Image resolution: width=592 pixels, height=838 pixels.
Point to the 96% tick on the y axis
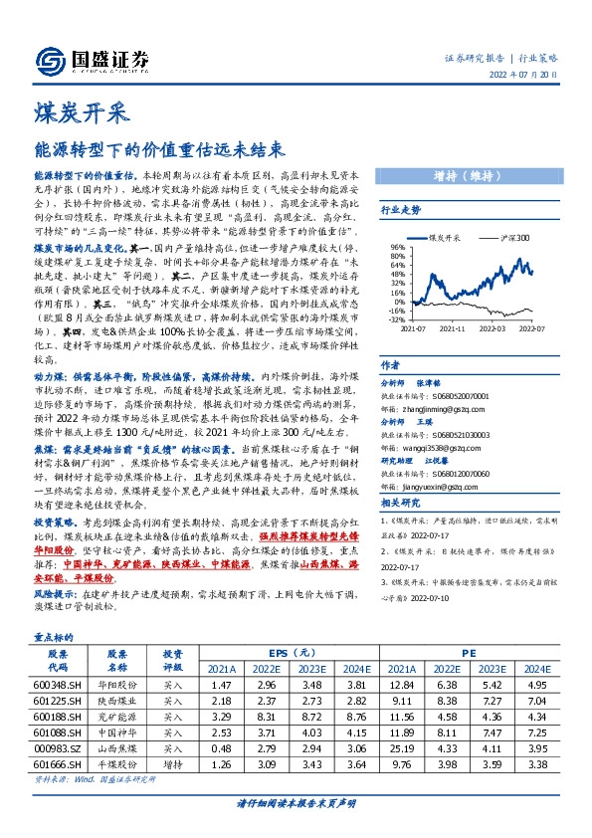click(x=396, y=247)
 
